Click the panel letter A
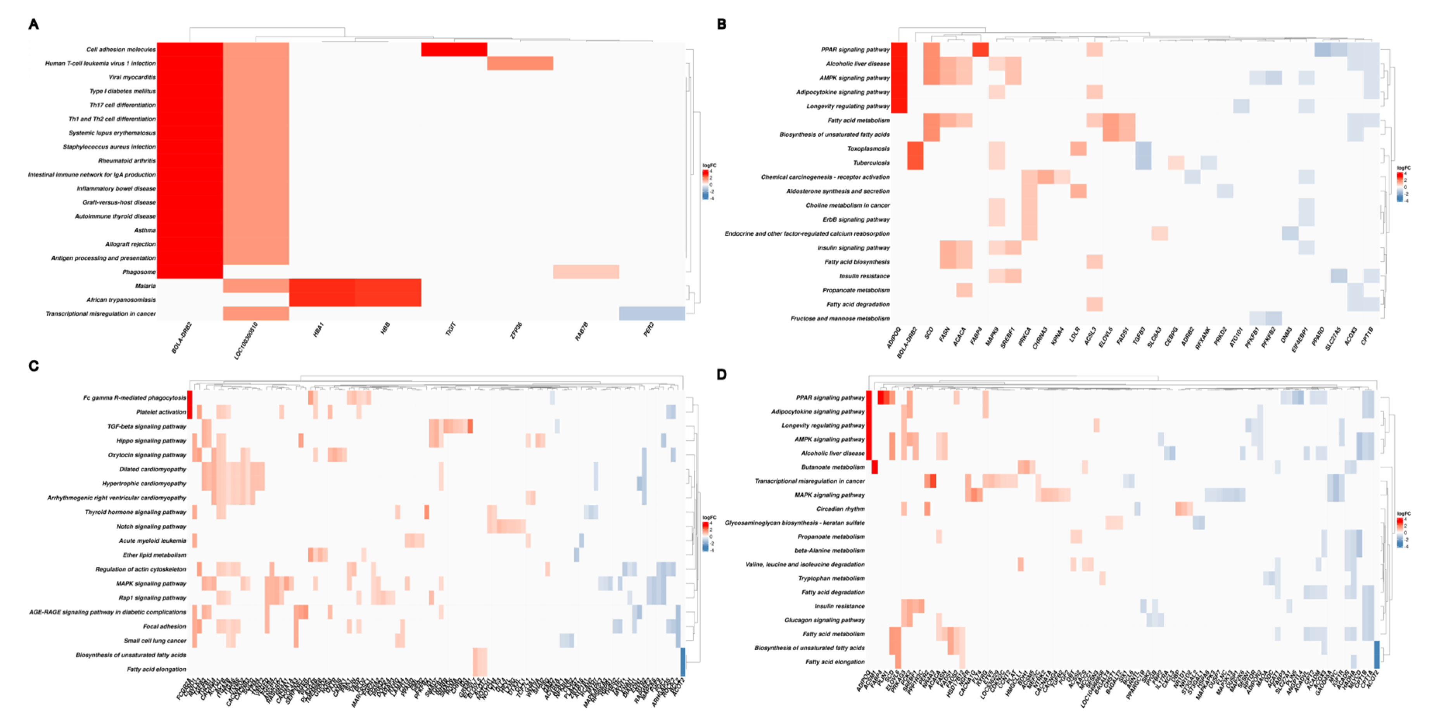34,24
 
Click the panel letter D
721,374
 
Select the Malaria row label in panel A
145,286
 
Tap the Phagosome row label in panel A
139,272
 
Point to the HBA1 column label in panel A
318,330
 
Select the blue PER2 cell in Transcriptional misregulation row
652,314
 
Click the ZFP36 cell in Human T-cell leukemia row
520,63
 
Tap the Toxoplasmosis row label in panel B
868,149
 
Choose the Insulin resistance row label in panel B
864,276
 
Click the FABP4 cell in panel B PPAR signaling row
980,50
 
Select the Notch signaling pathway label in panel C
151,526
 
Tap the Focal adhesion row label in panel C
164,626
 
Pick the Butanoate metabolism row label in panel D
833,467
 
